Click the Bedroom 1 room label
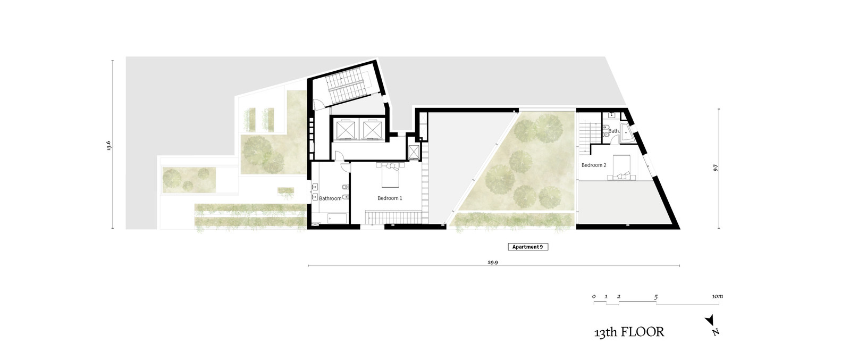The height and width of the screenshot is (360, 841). (x=390, y=198)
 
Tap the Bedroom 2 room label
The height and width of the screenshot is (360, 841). (x=594, y=165)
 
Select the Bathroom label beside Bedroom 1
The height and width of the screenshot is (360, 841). (x=331, y=198)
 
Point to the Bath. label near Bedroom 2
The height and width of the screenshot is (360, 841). (x=614, y=131)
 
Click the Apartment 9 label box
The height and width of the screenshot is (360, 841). (x=528, y=247)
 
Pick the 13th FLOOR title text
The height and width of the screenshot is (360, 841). (x=629, y=332)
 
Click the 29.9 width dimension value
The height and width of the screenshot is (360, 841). (x=493, y=262)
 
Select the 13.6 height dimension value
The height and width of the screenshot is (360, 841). (x=109, y=145)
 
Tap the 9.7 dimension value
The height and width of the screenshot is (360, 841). (x=715, y=168)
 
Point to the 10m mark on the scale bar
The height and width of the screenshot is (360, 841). (x=717, y=296)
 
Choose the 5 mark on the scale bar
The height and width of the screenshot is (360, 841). (x=656, y=297)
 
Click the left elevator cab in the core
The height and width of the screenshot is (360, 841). (x=344, y=130)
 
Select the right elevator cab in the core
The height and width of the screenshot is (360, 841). (x=371, y=130)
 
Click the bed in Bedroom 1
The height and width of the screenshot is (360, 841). (x=390, y=174)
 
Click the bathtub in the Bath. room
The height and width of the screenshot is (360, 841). (x=628, y=133)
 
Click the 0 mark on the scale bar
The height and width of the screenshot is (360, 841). (x=594, y=297)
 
